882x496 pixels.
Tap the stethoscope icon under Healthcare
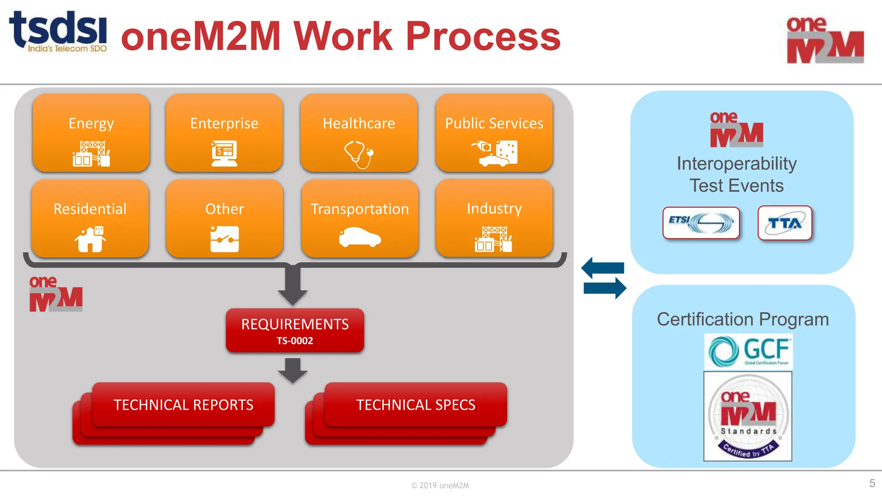pos(358,154)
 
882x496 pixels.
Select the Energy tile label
pos(91,124)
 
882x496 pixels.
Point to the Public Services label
pos(494,124)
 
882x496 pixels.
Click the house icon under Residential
pos(90,239)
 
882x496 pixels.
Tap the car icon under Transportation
pos(360,238)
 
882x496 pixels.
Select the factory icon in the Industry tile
pos(494,239)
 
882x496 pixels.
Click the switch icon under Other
pos(224,239)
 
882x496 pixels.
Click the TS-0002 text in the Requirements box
pos(295,341)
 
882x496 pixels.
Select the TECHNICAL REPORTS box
pos(183,405)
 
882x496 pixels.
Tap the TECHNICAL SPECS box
pos(416,405)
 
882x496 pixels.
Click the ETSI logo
pos(701,223)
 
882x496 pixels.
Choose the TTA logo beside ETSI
pos(785,223)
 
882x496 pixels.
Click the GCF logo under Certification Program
pos(748,352)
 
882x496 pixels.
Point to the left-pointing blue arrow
pos(602,268)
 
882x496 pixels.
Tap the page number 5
pos(872,483)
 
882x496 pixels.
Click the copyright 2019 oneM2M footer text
pos(440,486)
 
